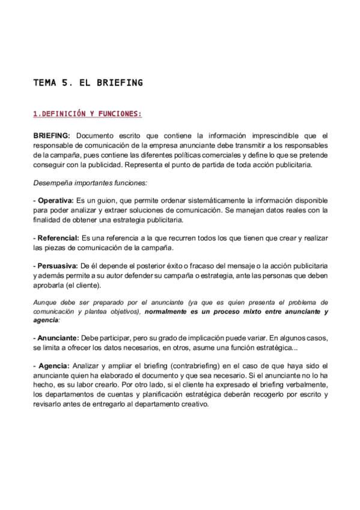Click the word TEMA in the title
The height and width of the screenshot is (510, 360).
(x=44, y=83)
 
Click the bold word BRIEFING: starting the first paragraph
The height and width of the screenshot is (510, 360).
(x=52, y=136)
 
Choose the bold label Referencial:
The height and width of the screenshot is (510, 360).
(x=58, y=238)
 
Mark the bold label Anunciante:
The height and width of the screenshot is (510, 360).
(x=58, y=339)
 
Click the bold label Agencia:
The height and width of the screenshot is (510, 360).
(x=53, y=366)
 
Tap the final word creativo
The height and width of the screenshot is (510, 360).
(x=193, y=404)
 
